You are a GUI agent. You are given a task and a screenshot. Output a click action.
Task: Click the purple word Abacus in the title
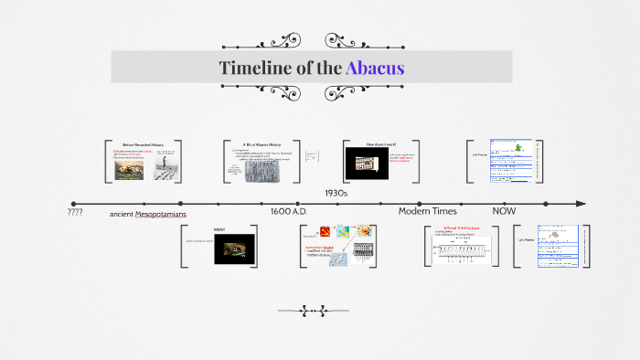point(375,69)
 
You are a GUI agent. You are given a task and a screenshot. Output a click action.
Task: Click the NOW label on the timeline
point(504,212)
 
